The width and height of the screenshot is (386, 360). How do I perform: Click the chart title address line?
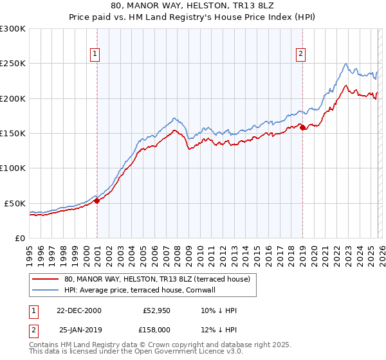[193, 6]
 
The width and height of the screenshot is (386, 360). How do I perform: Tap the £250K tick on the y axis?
[13, 64]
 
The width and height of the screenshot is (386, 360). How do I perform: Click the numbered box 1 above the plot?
[95, 54]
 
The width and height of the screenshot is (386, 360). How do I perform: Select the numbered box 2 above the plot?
[300, 54]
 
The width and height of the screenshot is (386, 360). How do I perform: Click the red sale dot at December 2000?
[97, 201]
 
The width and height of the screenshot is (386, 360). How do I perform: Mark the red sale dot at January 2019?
[302, 127]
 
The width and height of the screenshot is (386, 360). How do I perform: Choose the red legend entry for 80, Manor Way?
[161, 279]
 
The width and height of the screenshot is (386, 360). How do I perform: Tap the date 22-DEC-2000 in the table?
[80, 310]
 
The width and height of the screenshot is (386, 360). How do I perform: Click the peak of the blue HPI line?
[346, 63]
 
